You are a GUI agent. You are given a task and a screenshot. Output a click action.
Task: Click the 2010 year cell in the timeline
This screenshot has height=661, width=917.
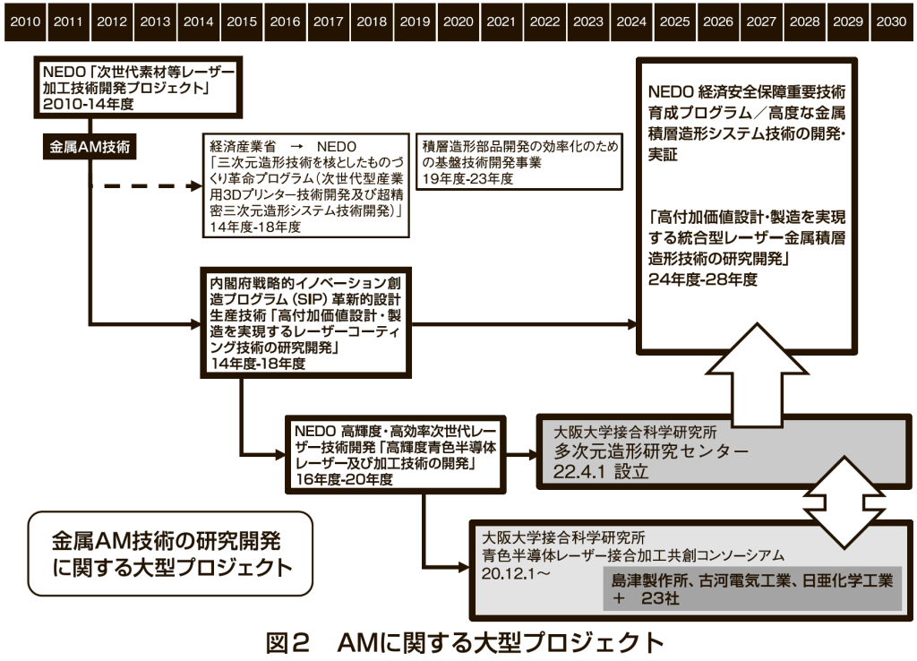[24, 21]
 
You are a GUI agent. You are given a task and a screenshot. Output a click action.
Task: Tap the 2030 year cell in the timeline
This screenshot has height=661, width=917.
[891, 21]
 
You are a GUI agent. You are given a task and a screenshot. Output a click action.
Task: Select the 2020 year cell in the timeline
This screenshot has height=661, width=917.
[458, 21]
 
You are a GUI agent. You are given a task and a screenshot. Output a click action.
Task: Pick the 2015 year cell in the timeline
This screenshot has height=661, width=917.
[241, 21]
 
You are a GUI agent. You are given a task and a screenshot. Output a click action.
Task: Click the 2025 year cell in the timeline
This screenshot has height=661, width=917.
[675, 21]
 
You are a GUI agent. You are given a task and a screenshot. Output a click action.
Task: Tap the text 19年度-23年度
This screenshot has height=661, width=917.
[468, 178]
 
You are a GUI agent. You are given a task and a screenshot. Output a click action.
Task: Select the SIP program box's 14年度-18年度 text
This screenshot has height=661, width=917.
[254, 364]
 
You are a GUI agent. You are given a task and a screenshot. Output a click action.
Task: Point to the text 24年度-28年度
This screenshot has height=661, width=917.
[704, 279]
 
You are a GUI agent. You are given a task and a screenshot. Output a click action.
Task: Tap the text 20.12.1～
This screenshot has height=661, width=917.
[516, 571]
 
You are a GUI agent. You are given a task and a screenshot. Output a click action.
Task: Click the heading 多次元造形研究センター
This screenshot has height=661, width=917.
[651, 451]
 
